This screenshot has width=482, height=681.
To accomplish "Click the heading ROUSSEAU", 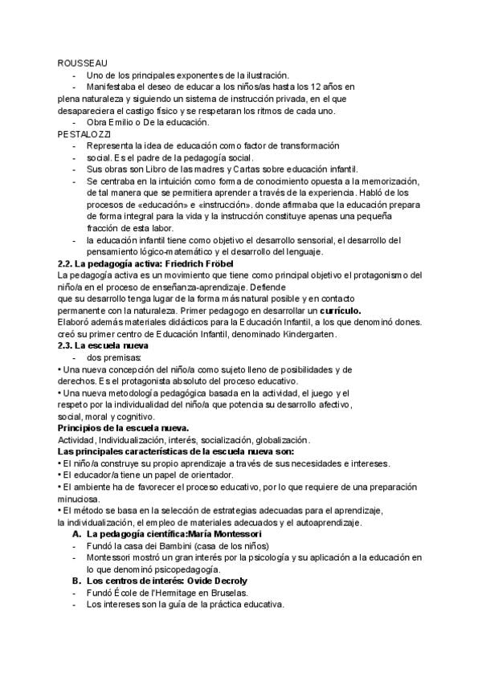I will click(x=83, y=62).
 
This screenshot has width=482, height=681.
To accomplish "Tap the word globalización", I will click(x=276, y=440).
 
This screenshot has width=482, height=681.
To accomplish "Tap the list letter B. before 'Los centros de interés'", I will click(x=77, y=581).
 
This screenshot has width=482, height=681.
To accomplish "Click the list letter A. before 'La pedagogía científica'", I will click(x=77, y=534).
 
